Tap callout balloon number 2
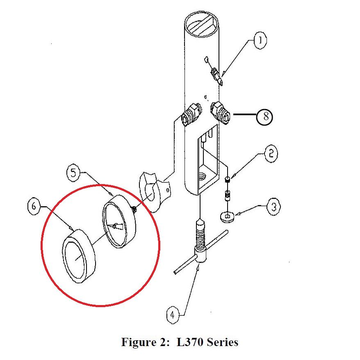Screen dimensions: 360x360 271,154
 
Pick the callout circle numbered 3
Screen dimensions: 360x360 273,206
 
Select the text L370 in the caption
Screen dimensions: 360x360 191,342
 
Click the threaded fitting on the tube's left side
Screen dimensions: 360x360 190,115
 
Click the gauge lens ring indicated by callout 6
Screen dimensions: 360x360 79,257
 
